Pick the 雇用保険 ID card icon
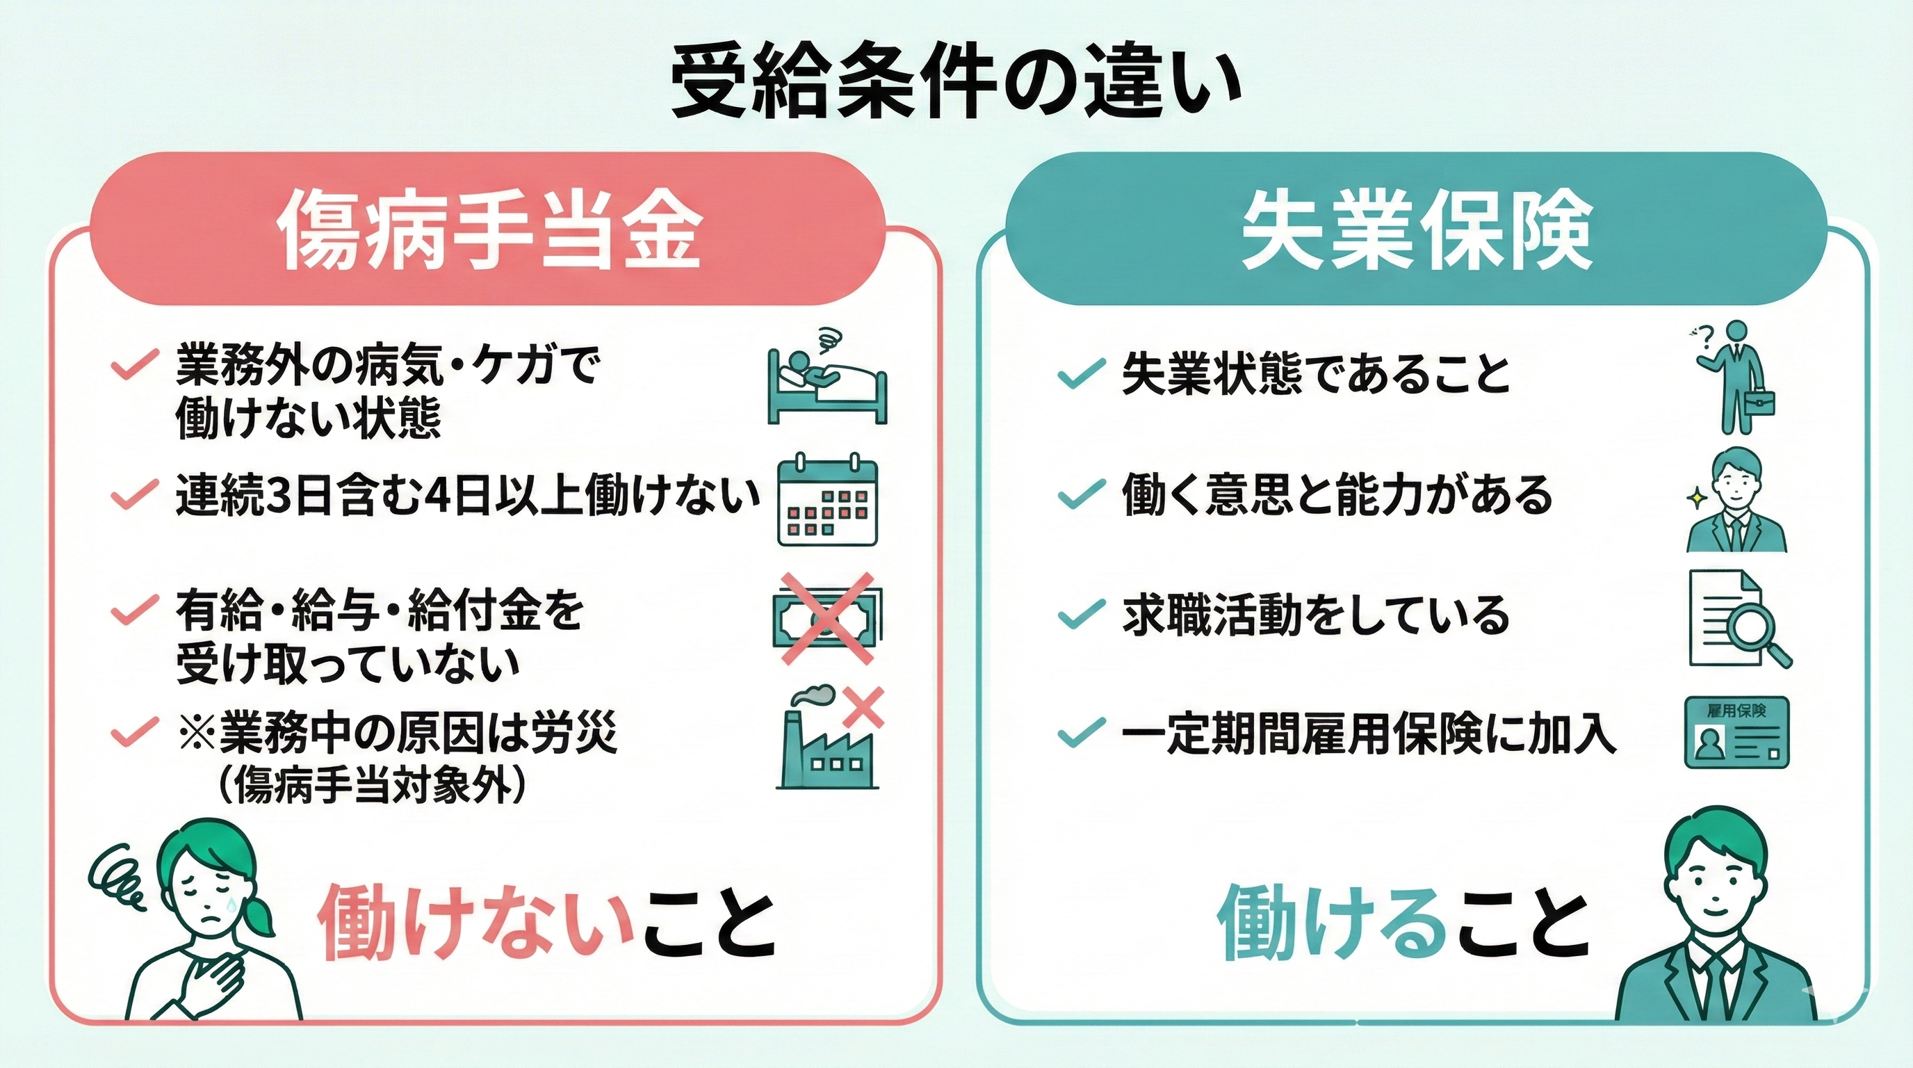(x=1736, y=732)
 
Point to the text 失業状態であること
(x=1316, y=374)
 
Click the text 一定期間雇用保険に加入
(x=1368, y=734)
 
